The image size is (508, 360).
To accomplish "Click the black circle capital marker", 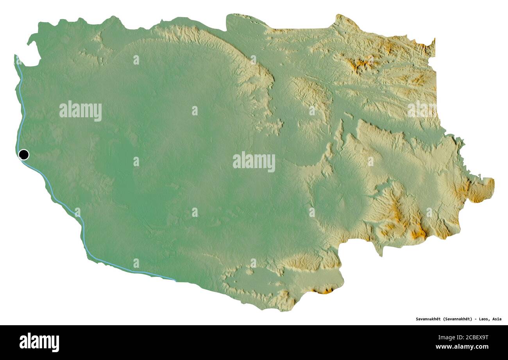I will tap(23, 155).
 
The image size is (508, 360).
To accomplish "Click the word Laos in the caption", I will tap(483, 319).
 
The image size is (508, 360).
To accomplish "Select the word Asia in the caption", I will tap(497, 319).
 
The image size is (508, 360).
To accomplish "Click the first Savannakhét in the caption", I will tap(429, 319).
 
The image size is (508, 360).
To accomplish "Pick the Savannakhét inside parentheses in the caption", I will tap(459, 319).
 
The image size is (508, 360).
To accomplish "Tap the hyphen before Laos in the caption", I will tap(476, 319).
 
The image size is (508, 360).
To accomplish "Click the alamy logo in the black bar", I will tap(39, 342).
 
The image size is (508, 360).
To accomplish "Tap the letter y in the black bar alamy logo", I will tap(56, 344).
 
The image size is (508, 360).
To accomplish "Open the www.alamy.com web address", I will tap(461, 347).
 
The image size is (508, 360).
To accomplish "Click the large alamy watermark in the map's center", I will tap(254, 161).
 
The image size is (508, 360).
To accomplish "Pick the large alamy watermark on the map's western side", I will tap(80, 111).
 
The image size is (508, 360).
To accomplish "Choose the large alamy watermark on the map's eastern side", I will tap(422, 110).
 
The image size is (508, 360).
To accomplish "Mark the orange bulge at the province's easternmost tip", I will tap(483, 190).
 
